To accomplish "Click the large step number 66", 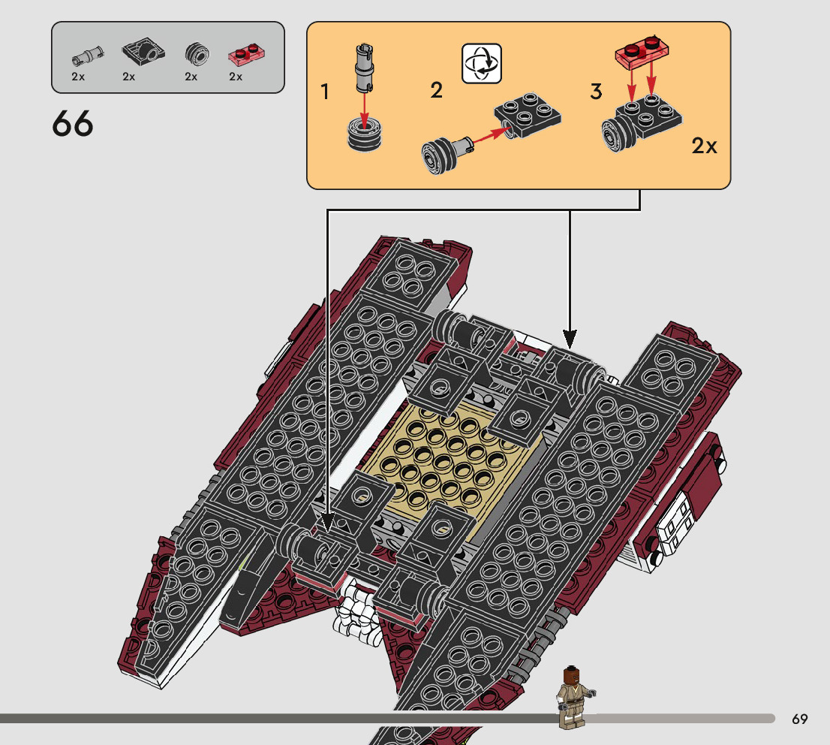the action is (73, 124).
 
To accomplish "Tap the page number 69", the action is (799, 719).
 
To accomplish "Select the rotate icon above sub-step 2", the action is (481, 64).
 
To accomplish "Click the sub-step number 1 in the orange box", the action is (324, 92).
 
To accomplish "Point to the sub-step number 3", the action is (596, 92).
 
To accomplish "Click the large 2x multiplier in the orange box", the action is (704, 146).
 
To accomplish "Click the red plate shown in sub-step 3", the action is (642, 51).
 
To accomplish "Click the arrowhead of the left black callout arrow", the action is (328, 522).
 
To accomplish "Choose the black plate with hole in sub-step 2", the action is (529, 113).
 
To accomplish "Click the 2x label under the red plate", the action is (236, 77).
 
